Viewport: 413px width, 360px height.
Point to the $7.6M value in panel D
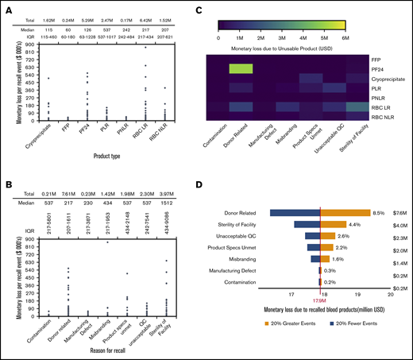click(x=399, y=212)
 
